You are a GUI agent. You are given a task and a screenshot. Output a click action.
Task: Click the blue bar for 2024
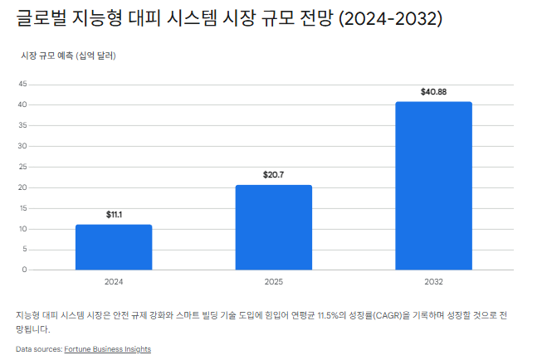pyautogui.click(x=114, y=246)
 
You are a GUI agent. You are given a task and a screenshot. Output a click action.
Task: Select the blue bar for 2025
pyautogui.click(x=274, y=226)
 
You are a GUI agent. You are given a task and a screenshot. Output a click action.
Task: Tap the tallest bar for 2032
pyautogui.click(x=433, y=185)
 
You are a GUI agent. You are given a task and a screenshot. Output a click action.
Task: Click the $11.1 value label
pyautogui.click(x=114, y=215)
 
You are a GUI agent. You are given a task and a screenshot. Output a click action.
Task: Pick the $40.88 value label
pyautogui.click(x=433, y=92)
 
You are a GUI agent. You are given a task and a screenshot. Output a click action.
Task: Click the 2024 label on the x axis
pyautogui.click(x=114, y=282)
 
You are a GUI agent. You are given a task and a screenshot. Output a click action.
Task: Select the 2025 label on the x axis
pyautogui.click(x=274, y=282)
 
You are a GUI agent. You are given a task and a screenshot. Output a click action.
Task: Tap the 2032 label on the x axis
pyautogui.click(x=433, y=282)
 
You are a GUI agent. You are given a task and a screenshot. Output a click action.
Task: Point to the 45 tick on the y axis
pyautogui.click(x=22, y=84)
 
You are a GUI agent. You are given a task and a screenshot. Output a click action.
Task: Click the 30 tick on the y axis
pyautogui.click(x=22, y=146)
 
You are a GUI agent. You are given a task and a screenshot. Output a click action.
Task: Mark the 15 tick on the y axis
pyautogui.click(x=22, y=207)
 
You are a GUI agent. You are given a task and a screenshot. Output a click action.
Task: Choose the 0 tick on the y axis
pyautogui.click(x=25, y=270)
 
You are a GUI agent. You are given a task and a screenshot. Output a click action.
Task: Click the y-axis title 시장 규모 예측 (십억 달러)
pyautogui.click(x=68, y=56)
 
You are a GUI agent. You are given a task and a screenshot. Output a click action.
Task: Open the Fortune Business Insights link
pyautogui.click(x=107, y=349)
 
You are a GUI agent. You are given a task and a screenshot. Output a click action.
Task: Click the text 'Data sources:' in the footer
pyautogui.click(x=39, y=349)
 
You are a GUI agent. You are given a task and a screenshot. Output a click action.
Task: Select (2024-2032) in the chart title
pyautogui.click(x=389, y=19)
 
